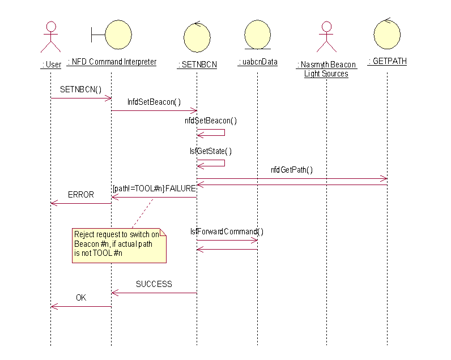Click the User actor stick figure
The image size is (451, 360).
tap(51, 37)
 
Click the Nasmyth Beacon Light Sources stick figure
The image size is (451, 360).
tap(326, 37)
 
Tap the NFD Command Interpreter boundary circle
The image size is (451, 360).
tap(118, 35)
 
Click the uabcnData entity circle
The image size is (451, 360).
tap(257, 36)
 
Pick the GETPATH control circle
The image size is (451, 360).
tap(387, 34)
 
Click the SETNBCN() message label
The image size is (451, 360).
tap(80, 89)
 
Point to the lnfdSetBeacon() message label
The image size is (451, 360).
tap(154, 102)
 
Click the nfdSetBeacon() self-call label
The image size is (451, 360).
tap(211, 120)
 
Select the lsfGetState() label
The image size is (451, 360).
tap(211, 151)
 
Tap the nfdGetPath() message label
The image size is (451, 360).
tap(292, 169)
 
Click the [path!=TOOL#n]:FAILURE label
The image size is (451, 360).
tap(154, 188)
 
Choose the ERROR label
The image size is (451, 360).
tap(80, 194)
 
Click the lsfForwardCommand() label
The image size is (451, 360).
tap(227, 232)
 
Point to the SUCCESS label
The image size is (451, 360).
tap(154, 284)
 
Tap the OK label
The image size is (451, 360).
tap(81, 297)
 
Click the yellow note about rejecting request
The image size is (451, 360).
tap(119, 245)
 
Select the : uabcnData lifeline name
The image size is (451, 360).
tap(257, 62)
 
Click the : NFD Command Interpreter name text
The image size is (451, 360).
tap(112, 62)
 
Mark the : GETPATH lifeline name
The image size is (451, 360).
tap(387, 61)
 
